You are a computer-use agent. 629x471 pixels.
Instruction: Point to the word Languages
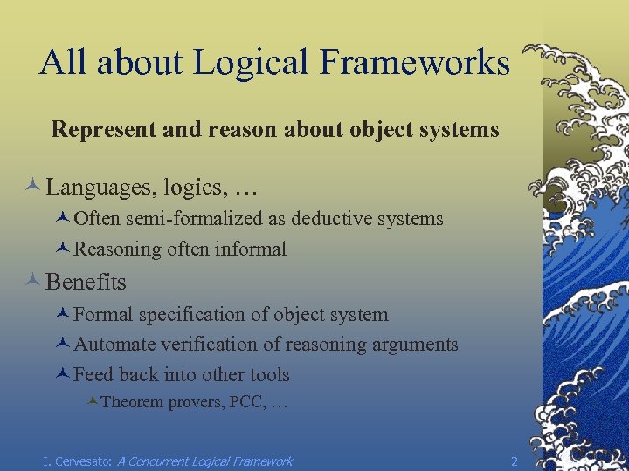[x=89, y=187]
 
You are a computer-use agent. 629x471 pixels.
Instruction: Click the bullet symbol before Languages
[x=32, y=186]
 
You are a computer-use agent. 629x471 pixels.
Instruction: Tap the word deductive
[x=335, y=219]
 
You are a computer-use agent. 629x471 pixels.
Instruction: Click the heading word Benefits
[x=86, y=282]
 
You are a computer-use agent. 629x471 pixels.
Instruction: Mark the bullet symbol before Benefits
[x=32, y=281]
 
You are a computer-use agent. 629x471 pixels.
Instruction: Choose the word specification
[x=185, y=314]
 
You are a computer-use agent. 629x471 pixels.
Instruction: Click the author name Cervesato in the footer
[x=81, y=461]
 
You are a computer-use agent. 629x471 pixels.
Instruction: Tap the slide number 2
[x=515, y=461]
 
